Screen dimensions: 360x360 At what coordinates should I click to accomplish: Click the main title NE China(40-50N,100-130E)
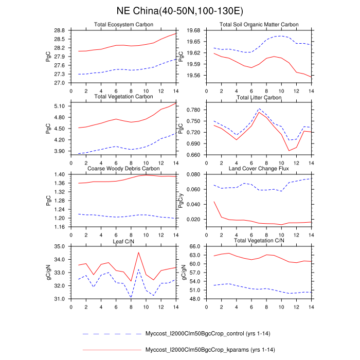coord(180,10)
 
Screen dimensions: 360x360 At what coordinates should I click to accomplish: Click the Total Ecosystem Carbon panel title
coord(123,25)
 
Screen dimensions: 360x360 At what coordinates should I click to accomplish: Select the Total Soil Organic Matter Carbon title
coord(259,25)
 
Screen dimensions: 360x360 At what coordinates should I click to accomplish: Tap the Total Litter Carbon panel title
coord(259,98)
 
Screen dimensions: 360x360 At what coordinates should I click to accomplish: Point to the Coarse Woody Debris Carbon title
coord(123,169)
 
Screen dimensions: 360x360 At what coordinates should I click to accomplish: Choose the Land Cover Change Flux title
coord(259,169)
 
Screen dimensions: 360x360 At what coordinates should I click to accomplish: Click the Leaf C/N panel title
coord(123,240)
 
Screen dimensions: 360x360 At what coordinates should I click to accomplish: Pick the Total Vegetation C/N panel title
coord(259,240)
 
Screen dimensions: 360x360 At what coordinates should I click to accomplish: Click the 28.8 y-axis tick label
coord(59,30)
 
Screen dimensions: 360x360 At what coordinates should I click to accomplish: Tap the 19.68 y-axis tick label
coord(193,30)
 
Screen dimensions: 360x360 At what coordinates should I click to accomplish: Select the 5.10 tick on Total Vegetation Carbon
coord(59,106)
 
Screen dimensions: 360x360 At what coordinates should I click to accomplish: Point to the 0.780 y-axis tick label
coord(193,110)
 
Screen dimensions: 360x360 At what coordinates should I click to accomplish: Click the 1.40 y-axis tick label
coord(59,175)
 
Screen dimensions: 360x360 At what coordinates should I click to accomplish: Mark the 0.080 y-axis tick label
coord(193,175)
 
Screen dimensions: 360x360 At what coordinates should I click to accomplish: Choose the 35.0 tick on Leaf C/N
coord(59,247)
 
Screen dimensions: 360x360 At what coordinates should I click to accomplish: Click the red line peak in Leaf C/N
coord(138,253)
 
